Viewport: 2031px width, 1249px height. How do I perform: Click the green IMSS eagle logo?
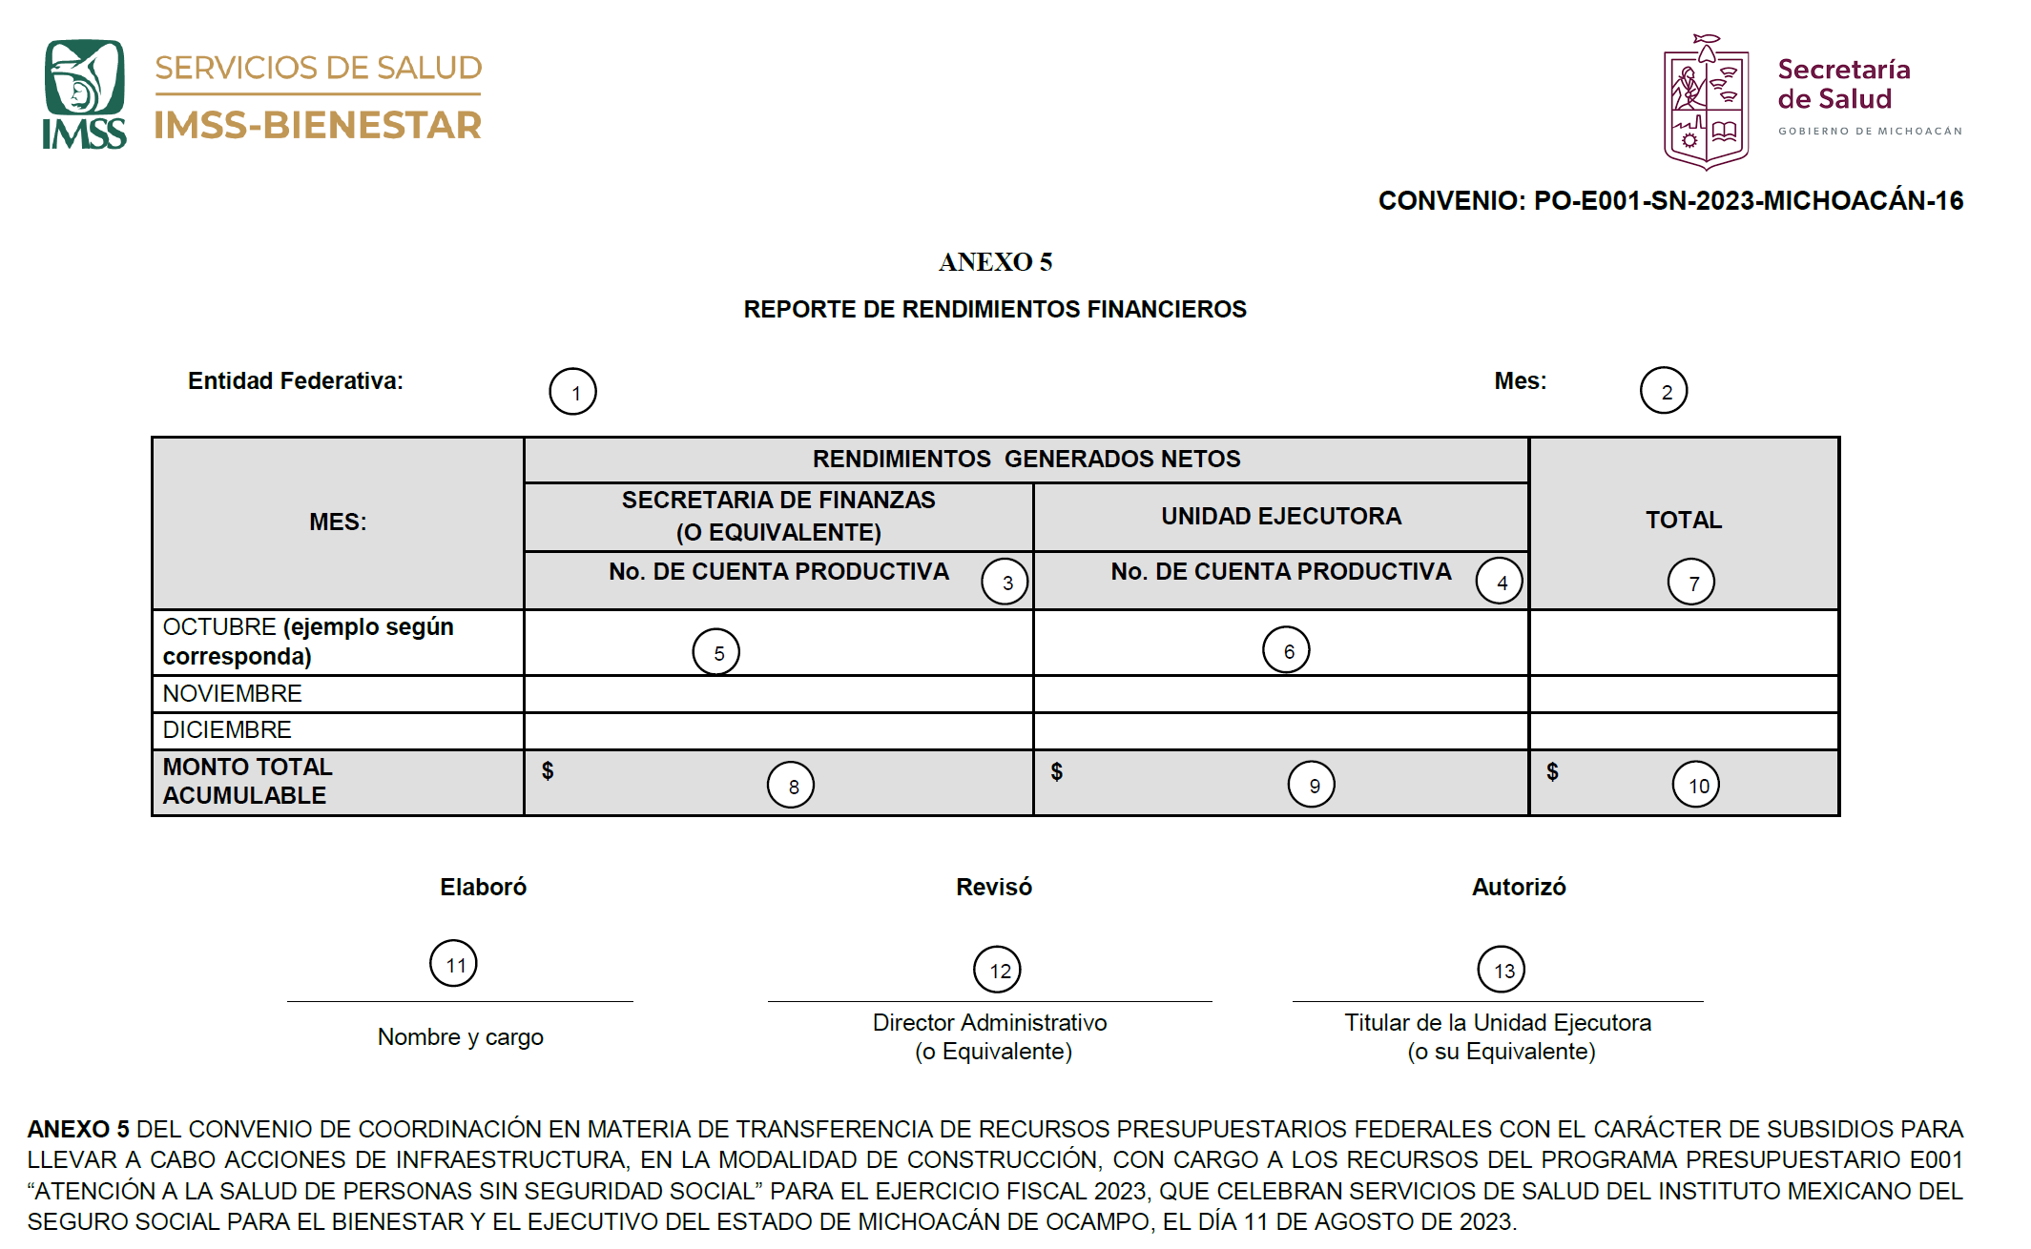pyautogui.click(x=84, y=93)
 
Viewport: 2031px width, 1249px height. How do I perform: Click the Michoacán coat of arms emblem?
pyautogui.click(x=1706, y=103)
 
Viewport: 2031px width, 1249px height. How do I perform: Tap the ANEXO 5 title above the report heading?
pyautogui.click(x=995, y=262)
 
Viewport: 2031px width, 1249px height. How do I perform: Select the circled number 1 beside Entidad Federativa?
pyautogui.click(x=572, y=392)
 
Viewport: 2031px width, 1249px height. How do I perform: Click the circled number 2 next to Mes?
pyautogui.click(x=1664, y=391)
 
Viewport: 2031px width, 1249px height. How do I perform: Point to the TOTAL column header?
pyautogui.click(x=1683, y=520)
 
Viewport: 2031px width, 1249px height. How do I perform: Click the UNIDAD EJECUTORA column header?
pyautogui.click(x=1280, y=516)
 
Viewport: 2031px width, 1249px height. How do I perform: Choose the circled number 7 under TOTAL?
pyautogui.click(x=1690, y=583)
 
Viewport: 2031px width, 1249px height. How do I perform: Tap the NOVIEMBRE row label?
pyautogui.click(x=232, y=693)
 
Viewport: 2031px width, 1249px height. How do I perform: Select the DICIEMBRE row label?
pyautogui.click(x=227, y=729)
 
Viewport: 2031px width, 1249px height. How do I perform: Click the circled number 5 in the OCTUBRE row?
pyautogui.click(x=715, y=652)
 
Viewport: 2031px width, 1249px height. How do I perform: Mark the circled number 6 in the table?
pyautogui.click(x=1286, y=650)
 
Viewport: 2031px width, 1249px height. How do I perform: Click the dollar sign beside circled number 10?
pyautogui.click(x=1552, y=772)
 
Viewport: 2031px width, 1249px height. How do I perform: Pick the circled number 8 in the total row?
pyautogui.click(x=791, y=786)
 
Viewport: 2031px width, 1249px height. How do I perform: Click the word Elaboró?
pyautogui.click(x=483, y=887)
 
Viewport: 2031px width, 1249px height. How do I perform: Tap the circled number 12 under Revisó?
pyautogui.click(x=997, y=970)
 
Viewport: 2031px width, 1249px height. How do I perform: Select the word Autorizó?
pyautogui.click(x=1519, y=887)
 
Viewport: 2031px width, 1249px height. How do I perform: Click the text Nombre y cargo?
pyautogui.click(x=460, y=1036)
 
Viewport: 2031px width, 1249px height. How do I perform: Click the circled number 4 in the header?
pyautogui.click(x=1500, y=582)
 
